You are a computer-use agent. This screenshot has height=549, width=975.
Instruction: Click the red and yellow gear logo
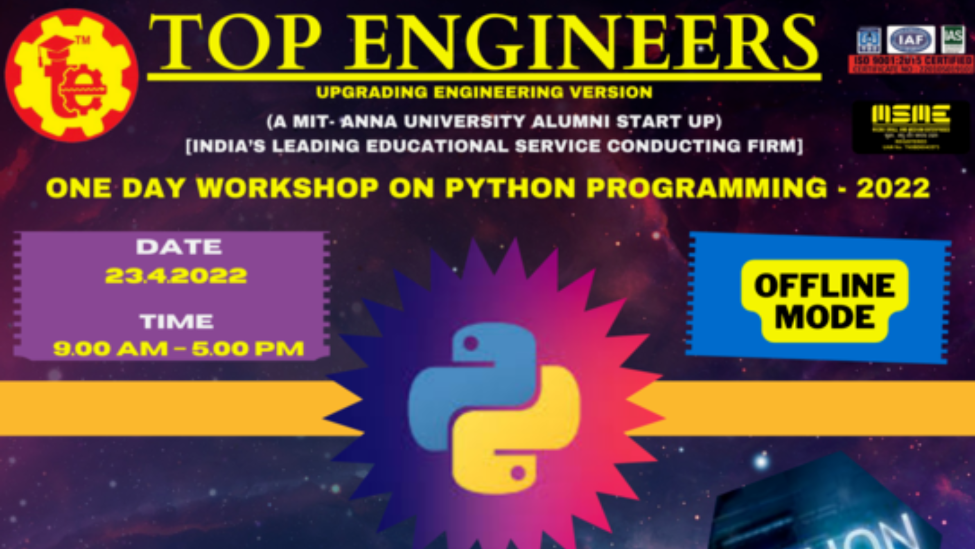click(x=72, y=75)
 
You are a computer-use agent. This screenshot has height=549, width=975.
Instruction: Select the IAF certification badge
click(x=911, y=40)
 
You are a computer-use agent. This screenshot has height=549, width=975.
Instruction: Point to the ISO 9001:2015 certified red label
click(x=911, y=64)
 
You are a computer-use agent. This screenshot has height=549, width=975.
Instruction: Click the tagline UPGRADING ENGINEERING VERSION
click(x=484, y=93)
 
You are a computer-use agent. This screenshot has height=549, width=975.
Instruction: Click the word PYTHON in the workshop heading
click(x=510, y=188)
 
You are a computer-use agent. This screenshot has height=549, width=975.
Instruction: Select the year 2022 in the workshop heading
click(x=893, y=189)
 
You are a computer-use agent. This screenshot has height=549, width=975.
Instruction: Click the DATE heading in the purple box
click(x=179, y=247)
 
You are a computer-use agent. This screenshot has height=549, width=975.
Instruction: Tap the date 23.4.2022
click(x=176, y=276)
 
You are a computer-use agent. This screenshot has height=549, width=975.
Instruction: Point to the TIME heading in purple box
click(x=177, y=321)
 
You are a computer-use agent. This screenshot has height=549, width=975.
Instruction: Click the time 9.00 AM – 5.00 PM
click(x=179, y=349)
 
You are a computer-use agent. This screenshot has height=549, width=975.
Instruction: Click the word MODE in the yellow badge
click(x=825, y=318)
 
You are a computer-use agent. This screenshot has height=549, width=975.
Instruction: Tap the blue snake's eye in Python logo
click(x=471, y=344)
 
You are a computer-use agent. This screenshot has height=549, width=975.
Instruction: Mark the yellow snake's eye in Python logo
click(x=518, y=474)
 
